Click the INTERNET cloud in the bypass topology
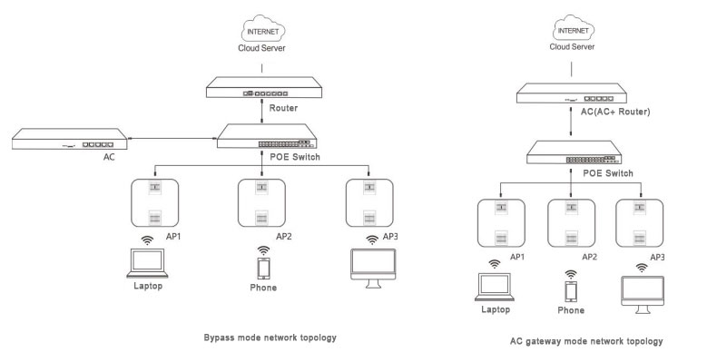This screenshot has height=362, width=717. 263,29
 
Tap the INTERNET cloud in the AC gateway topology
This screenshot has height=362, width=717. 573,28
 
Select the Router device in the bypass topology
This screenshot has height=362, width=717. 264,87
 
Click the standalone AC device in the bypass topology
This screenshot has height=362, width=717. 70,139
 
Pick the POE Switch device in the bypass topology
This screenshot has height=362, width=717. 267,136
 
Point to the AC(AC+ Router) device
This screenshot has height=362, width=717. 572,93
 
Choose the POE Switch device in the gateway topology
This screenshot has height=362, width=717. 575,152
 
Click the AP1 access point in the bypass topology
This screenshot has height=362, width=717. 154,203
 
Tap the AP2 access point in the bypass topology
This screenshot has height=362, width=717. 261,203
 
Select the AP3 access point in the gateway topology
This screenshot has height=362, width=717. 639,223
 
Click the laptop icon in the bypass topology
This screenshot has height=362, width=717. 147,263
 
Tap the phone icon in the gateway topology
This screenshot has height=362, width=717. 571,291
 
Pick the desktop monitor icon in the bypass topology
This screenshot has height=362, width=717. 373,269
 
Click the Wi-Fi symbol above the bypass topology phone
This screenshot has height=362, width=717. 263,251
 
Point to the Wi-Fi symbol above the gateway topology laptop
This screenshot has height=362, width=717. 495,264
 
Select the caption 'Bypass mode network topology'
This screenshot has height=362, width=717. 270,338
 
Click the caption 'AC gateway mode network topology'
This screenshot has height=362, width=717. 586,341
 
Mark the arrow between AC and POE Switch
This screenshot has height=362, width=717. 172,138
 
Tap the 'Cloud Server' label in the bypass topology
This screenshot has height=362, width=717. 261,48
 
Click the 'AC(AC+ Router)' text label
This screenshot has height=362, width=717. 615,112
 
